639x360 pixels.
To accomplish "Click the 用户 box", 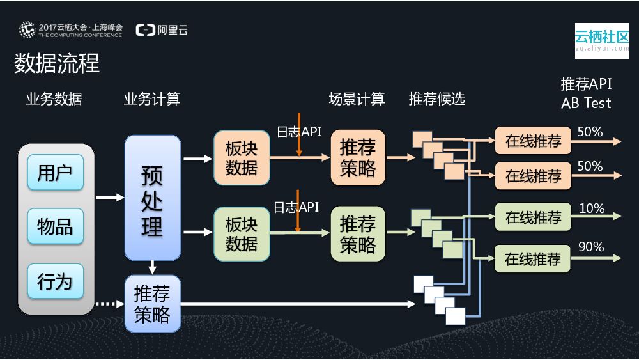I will [x=56, y=172].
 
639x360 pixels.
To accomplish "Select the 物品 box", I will [x=56, y=226].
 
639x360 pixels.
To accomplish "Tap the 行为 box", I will [x=56, y=281].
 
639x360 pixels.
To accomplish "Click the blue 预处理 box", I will [x=153, y=198].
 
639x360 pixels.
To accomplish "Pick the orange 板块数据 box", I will [x=242, y=158].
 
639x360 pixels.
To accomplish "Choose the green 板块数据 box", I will [x=242, y=233].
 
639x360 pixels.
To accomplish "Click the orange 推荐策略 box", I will [x=358, y=158].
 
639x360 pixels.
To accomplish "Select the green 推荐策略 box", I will [x=358, y=233].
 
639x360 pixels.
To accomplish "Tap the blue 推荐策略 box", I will [x=153, y=304].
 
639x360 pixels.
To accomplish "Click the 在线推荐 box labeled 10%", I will [x=533, y=217].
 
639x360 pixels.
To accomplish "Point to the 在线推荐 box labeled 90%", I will [x=533, y=259].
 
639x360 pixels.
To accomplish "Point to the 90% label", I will [x=590, y=247].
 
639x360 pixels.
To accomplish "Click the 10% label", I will [x=591, y=208].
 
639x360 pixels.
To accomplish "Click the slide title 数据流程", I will [x=57, y=63].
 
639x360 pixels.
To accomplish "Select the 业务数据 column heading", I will [x=54, y=99].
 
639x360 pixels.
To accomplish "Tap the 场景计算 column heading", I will [x=357, y=99].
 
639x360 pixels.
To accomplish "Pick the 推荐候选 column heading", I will [x=437, y=99].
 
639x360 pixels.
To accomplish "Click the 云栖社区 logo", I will [x=601, y=40].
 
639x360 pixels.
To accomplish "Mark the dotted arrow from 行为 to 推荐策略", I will [x=110, y=304].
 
